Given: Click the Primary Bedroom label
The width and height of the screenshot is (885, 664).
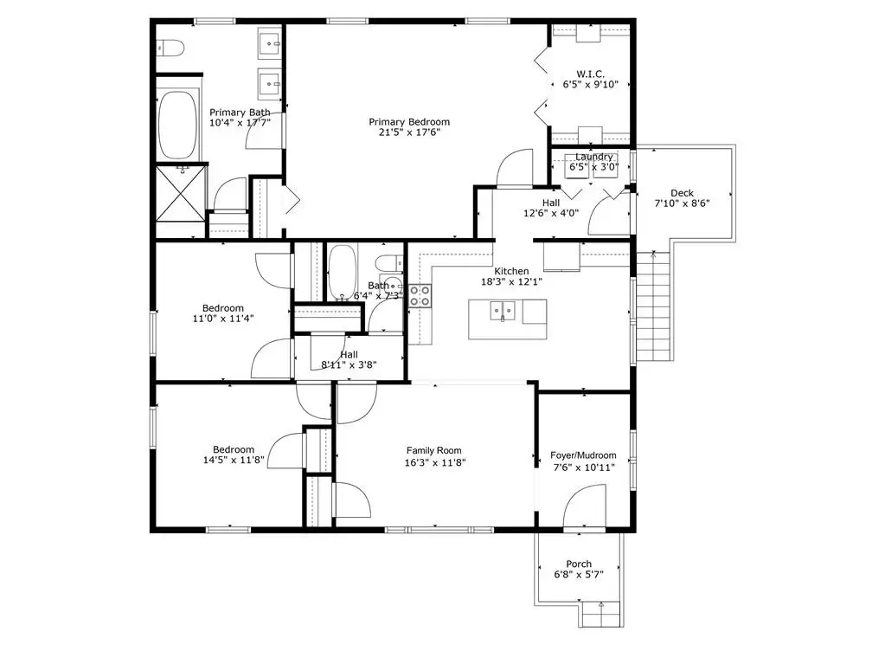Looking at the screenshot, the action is [x=409, y=122].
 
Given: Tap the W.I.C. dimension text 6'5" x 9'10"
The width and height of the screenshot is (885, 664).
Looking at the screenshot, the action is [x=590, y=85].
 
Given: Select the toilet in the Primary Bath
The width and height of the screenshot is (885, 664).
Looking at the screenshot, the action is [x=170, y=48].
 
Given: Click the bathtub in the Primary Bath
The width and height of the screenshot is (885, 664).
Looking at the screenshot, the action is [x=178, y=125].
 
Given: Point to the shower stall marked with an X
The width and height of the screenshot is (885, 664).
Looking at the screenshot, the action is [x=181, y=192].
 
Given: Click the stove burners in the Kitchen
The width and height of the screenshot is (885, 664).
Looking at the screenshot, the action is [x=420, y=296].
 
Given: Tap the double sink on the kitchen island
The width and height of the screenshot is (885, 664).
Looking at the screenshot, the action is [x=503, y=311].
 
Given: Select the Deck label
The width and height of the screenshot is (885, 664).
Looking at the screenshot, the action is [x=682, y=193].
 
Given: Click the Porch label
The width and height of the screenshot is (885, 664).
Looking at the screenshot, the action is [x=579, y=564].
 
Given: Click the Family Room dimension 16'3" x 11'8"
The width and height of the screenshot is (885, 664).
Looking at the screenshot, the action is [x=434, y=463].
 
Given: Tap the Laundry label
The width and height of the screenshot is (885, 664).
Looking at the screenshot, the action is [x=593, y=157].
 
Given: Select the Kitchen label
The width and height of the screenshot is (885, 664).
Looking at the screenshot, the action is [x=511, y=272].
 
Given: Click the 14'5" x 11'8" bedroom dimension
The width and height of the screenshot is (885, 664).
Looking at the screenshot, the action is [x=234, y=461].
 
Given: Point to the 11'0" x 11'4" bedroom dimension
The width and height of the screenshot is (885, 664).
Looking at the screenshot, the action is [x=223, y=319].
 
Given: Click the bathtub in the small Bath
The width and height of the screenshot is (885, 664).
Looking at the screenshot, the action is [x=342, y=273].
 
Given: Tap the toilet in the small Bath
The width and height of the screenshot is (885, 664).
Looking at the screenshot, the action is [x=389, y=263].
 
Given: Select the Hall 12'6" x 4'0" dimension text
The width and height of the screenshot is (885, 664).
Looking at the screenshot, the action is [x=551, y=214].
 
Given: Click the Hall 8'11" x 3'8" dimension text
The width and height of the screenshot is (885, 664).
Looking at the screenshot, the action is [x=349, y=364].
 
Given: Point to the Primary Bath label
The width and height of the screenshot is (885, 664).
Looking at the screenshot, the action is [x=240, y=113].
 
